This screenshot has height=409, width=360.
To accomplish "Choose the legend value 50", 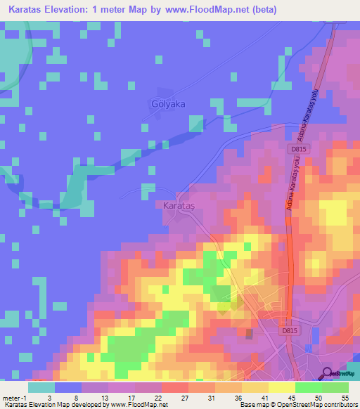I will click(318, 397).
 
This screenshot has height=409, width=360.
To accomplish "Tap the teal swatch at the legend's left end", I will click(41, 387).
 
